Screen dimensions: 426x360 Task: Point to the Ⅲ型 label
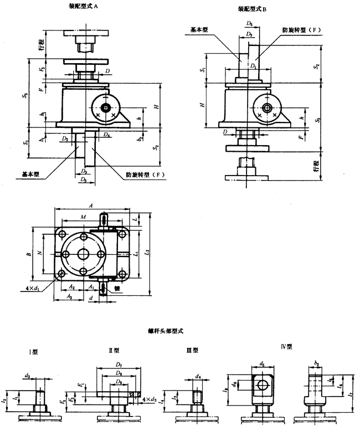pyautogui.click(x=192, y=351)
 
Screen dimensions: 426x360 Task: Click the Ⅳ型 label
pyautogui.click(x=286, y=347)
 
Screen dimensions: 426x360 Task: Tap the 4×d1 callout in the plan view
pyautogui.click(x=36, y=289)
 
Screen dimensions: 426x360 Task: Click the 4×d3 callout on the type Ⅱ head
pyautogui.click(x=148, y=399)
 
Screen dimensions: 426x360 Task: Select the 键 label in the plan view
pyautogui.click(x=117, y=289)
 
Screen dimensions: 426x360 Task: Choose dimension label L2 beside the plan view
pyautogui.click(x=147, y=252)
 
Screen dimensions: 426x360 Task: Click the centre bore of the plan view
pyautogui.click(x=84, y=254)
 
